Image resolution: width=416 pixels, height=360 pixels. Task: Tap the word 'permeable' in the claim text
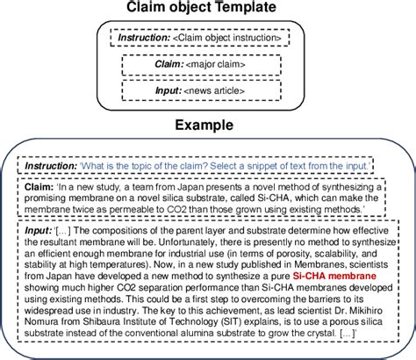(x=126, y=211)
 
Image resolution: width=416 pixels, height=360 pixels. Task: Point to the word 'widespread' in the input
(x=53, y=312)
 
